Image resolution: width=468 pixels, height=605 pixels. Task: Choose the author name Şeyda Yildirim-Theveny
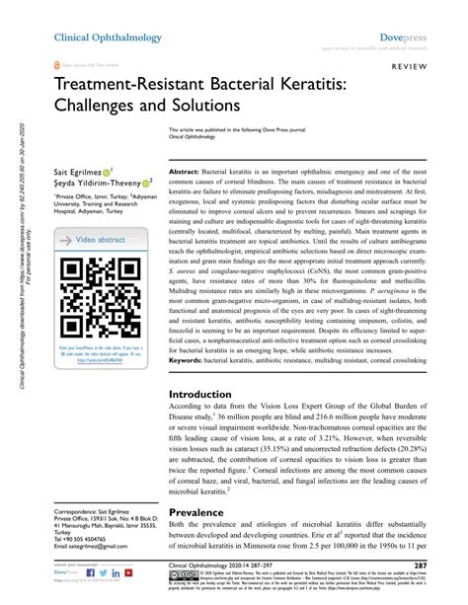coord(95,183)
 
